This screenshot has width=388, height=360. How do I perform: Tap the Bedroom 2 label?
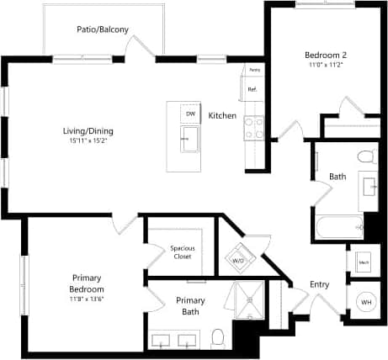325,56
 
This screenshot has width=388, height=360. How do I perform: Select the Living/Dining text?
88,130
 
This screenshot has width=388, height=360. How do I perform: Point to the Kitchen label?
222,115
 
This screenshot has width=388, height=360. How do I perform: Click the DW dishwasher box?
190,114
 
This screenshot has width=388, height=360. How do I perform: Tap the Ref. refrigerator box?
252,88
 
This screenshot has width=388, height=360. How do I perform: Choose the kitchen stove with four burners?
253,127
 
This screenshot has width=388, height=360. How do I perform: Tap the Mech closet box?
364,262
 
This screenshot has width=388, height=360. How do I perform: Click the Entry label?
319,284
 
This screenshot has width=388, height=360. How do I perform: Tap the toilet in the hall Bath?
365,156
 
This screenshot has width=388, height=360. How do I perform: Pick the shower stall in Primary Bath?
250,298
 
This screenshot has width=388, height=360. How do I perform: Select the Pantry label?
254,70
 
